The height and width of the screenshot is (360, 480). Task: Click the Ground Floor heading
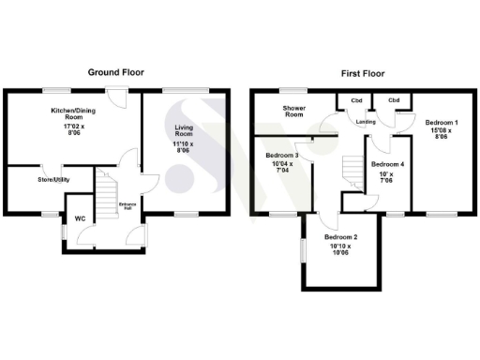point(115,72)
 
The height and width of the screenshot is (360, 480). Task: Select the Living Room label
point(179,129)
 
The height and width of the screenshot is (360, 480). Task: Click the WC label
point(80,221)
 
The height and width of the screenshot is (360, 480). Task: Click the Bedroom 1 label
point(442,123)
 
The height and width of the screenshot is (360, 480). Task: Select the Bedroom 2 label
point(342,238)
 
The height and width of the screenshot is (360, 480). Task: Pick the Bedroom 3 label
point(282,156)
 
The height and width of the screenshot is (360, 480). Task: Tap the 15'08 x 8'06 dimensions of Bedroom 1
point(442,134)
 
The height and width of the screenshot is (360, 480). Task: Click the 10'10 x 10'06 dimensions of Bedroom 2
point(342,249)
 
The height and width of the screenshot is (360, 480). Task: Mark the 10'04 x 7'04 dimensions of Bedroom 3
point(282,167)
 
